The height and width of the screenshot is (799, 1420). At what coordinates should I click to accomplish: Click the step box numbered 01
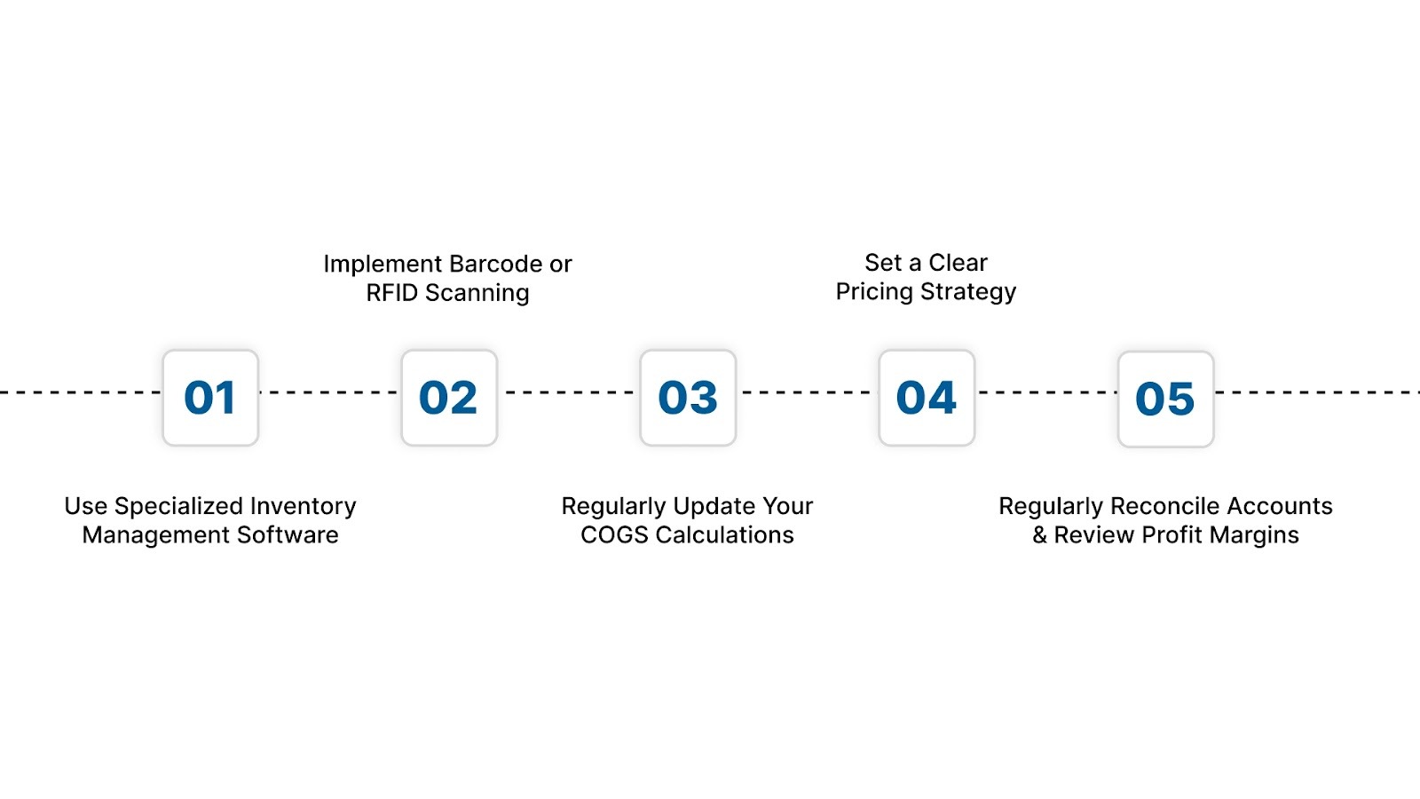tap(210, 398)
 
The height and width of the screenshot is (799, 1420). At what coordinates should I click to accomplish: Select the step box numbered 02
tap(449, 398)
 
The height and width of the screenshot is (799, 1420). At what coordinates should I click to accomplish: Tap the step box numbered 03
tap(688, 398)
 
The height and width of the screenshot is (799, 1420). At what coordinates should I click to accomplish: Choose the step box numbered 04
tap(927, 398)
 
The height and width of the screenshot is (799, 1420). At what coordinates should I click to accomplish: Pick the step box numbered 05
tap(1165, 399)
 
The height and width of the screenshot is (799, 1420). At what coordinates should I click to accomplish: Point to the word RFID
tap(391, 293)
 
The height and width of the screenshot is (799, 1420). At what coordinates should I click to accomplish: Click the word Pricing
tap(874, 292)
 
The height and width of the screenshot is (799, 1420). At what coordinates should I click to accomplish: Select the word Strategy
tap(968, 292)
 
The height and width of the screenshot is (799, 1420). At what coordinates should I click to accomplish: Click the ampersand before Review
tap(1040, 535)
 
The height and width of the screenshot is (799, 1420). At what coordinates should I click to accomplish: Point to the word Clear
tap(958, 263)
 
